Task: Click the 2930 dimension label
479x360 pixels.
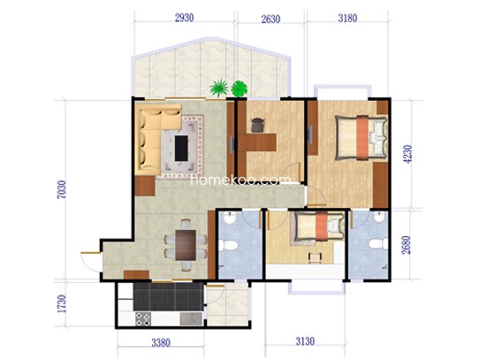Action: click(184, 18)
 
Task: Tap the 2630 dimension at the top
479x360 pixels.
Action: click(270, 19)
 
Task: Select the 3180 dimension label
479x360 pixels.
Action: click(347, 19)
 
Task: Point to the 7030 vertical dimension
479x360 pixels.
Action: click(61, 189)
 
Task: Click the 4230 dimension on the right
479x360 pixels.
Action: click(407, 154)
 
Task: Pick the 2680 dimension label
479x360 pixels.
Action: click(407, 245)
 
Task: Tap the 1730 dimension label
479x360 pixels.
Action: click(62, 303)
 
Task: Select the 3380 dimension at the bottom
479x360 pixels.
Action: click(161, 342)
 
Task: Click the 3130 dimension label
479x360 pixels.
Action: click(305, 341)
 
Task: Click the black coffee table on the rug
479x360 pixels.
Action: click(181, 149)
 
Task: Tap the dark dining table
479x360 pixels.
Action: click(186, 245)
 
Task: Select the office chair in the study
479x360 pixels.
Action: click(258, 125)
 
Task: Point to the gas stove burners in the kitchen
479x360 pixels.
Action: click(143, 318)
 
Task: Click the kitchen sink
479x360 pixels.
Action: click(191, 319)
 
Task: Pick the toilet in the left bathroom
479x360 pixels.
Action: click(228, 246)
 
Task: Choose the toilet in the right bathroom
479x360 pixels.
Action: click(378, 244)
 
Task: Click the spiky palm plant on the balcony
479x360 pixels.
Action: click(218, 87)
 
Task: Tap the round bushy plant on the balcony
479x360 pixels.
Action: click(239, 88)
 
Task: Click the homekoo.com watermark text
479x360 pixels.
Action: click(240, 180)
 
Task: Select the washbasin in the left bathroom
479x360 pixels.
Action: click(229, 218)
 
